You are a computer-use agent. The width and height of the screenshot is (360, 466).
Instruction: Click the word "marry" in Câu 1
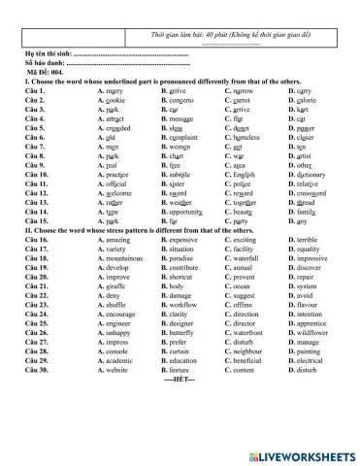click(x=120, y=91)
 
